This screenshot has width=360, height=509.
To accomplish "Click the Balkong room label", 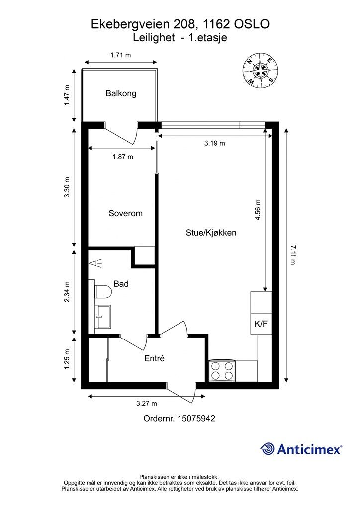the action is click(x=121, y=94).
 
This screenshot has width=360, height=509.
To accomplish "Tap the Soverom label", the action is click(x=125, y=213).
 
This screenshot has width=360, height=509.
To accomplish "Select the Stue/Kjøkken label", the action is click(x=211, y=233).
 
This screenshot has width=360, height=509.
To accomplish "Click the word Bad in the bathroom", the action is click(x=121, y=284).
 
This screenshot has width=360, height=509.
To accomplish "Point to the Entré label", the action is click(x=154, y=358).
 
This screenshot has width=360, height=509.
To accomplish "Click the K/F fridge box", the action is click(x=261, y=324).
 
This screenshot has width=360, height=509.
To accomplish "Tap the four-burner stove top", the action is click(x=222, y=371).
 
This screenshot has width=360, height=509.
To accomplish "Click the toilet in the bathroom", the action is click(x=103, y=291).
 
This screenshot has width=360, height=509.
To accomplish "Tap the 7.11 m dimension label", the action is click(x=292, y=255).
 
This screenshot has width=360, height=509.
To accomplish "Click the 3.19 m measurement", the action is click(x=215, y=143).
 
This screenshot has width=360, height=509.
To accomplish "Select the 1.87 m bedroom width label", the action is click(x=123, y=157).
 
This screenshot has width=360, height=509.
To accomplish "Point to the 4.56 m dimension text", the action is click(x=258, y=210).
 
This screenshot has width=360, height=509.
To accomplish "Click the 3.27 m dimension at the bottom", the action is click(x=146, y=404).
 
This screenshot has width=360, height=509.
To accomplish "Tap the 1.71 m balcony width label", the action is click(x=120, y=55).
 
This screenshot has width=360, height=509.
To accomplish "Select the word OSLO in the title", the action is click(x=252, y=24).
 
